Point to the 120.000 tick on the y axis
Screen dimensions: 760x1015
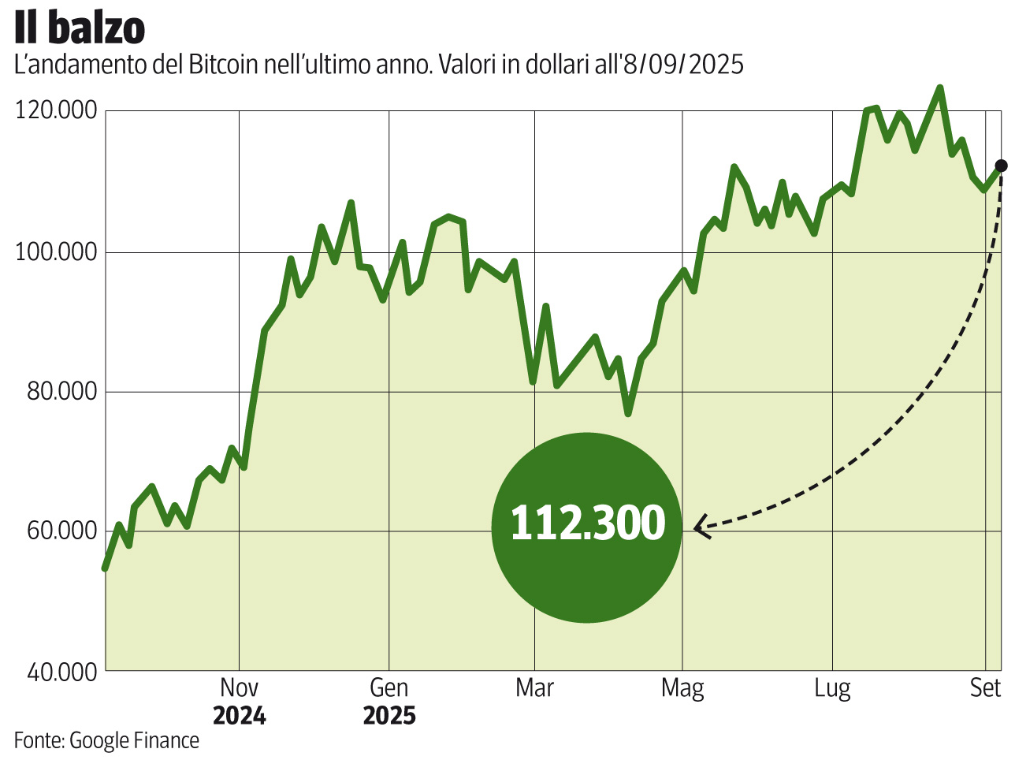click(56, 110)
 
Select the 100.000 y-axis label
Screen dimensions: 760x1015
click(56, 252)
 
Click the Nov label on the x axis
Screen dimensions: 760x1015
click(239, 687)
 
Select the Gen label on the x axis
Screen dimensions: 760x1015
click(389, 687)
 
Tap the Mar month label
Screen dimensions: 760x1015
click(534, 687)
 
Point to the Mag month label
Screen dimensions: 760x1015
click(682, 688)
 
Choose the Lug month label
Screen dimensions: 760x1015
click(832, 689)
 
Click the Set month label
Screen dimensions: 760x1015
click(985, 687)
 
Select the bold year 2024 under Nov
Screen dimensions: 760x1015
click(240, 716)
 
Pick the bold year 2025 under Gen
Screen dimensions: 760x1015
click(389, 716)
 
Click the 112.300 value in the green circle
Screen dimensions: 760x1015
click(587, 523)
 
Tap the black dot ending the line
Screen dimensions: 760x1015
click(1001, 166)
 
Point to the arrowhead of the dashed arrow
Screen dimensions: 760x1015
click(698, 528)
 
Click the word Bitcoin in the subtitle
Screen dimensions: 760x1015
click(224, 65)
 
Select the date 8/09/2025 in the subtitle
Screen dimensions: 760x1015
click(682, 65)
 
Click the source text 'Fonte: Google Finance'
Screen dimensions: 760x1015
click(106, 740)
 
